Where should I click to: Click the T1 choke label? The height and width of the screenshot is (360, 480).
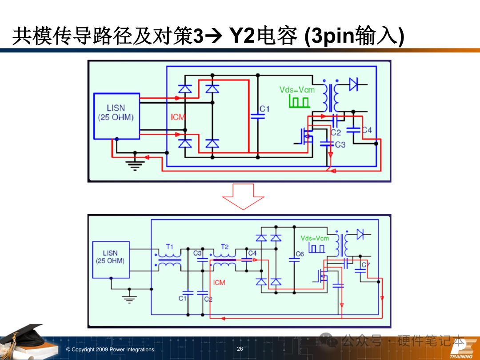[169, 246]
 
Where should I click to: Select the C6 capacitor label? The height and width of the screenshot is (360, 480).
[300, 254]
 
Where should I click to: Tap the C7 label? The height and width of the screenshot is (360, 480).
[365, 265]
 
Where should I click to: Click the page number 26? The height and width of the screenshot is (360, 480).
[240, 349]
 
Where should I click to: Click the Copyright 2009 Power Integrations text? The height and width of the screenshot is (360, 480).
[110, 349]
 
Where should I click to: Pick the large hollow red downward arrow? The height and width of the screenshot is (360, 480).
[243, 196]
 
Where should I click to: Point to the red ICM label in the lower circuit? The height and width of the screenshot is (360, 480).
[219, 282]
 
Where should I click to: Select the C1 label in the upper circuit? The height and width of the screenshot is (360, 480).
[264, 109]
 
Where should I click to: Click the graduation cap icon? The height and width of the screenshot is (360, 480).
[22, 340]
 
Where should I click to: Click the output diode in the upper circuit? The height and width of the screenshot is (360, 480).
[353, 84]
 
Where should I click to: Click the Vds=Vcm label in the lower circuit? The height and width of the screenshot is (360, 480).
[315, 238]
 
